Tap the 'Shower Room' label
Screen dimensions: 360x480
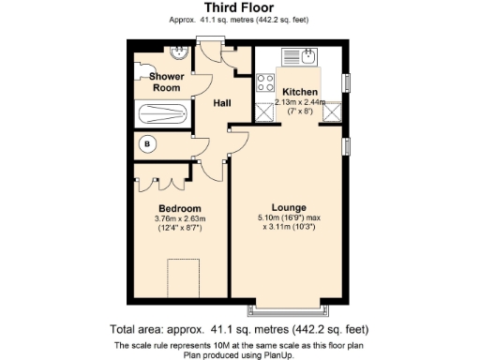click(x=166, y=82)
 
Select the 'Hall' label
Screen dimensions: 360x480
click(x=222, y=102)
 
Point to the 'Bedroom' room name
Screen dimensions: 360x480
click(x=178, y=207)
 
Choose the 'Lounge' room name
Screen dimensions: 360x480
click(x=289, y=207)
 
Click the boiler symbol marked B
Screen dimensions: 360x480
click(x=147, y=144)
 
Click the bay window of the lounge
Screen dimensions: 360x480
click(x=288, y=308)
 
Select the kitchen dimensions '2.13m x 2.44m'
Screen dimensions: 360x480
click(x=299, y=103)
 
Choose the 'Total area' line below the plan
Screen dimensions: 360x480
click(x=240, y=330)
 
